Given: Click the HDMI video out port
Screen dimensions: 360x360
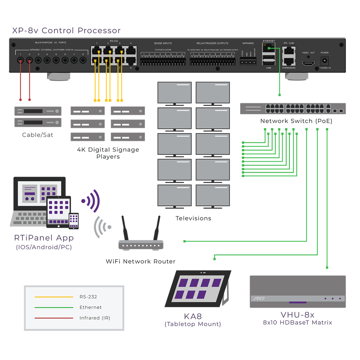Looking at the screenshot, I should pos(308,64).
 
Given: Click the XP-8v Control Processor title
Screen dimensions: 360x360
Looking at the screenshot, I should pos(67,31).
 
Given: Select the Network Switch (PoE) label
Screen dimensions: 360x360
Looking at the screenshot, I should pos(296,121).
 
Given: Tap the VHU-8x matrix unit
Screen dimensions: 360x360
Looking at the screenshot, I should pos(298,292).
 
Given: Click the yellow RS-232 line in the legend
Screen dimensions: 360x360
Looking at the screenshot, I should pos(54,297).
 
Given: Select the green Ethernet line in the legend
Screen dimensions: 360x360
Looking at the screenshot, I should pos(54,307).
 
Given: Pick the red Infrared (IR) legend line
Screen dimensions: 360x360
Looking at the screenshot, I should pos(54,318).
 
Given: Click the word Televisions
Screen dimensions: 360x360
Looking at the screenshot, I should pos(193,218).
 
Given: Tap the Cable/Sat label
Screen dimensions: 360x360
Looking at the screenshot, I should pos(37,135).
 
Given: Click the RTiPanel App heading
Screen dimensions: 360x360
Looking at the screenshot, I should pos(44,238).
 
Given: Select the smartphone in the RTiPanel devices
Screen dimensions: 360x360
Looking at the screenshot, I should pos(74,220).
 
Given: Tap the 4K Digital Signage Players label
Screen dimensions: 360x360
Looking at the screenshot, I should pos(108,153).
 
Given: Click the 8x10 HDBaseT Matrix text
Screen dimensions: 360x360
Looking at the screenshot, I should pos(297,323).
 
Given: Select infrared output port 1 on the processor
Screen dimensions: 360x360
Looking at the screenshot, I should pos(21,60).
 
